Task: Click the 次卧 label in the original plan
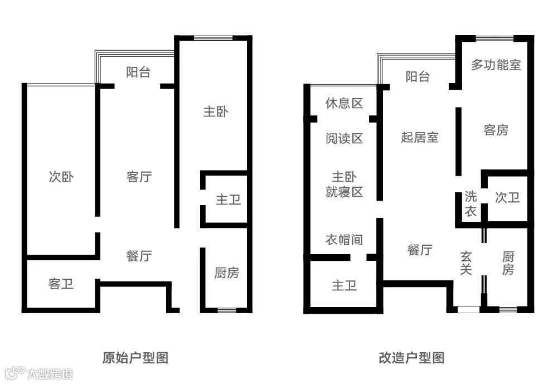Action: click(61, 178)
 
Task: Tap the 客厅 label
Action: click(139, 177)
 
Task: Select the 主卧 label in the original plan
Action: click(216, 111)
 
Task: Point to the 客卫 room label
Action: click(61, 284)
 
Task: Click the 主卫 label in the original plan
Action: click(228, 199)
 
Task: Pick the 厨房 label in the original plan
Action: click(226, 273)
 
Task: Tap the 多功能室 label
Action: click(496, 65)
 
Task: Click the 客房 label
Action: click(496, 130)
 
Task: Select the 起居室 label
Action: click(420, 137)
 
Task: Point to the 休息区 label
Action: click(344, 103)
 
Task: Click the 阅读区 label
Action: click(344, 138)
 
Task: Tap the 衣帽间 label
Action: click(344, 239)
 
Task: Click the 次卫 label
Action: click(507, 197)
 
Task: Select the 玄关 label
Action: click(466, 263)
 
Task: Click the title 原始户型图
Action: click(135, 357)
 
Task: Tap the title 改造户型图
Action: click(411, 357)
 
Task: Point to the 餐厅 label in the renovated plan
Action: click(420, 250)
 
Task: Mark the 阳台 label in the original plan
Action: click(138, 72)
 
